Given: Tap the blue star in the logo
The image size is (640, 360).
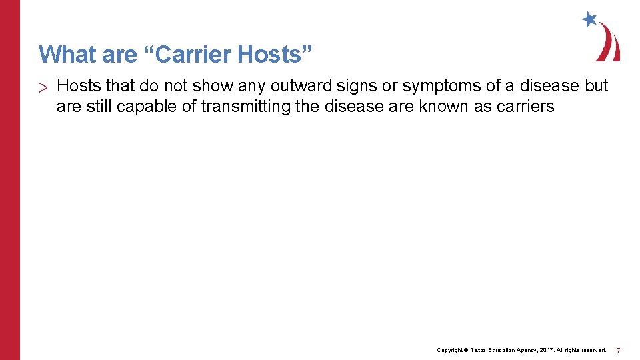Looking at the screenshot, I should click(x=589, y=19).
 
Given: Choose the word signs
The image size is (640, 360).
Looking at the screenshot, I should click(x=357, y=86).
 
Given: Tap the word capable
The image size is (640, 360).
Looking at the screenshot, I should click(x=152, y=106).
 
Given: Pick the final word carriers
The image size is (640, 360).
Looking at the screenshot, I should click(x=525, y=106).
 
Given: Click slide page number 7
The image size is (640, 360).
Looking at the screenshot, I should click(x=618, y=350).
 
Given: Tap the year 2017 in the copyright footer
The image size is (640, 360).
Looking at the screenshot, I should click(x=547, y=350).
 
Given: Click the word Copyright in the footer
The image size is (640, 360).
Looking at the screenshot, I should click(x=451, y=350).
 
